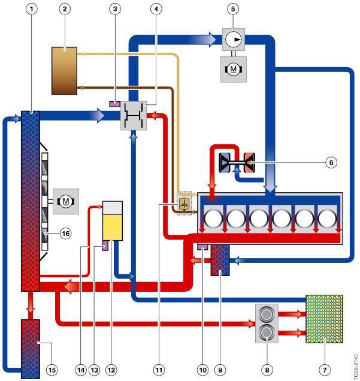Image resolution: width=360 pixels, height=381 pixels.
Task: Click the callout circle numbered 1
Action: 31,9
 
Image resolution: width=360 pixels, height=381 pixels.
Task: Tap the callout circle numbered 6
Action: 331,162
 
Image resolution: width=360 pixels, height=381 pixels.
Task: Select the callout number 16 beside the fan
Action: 65,234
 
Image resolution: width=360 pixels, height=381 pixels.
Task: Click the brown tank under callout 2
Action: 64,71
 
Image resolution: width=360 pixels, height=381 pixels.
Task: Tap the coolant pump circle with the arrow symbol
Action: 234,39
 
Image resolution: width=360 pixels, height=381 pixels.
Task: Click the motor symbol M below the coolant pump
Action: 234,69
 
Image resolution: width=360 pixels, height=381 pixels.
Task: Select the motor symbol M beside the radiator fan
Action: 65,201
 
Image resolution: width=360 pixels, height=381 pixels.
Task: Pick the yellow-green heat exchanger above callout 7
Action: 324,319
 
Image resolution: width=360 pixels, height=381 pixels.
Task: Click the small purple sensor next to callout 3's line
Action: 114,104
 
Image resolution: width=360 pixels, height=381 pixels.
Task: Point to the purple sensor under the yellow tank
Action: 105,246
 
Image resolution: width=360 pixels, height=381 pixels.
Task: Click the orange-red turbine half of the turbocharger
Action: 249,162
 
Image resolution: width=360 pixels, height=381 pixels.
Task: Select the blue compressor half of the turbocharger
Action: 225,162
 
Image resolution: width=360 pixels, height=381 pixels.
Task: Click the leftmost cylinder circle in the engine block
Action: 213,219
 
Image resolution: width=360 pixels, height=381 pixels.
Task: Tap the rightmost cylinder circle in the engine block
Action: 327,219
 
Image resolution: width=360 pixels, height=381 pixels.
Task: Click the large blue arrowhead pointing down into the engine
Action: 270,189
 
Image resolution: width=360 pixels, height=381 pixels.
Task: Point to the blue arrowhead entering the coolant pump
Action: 211,39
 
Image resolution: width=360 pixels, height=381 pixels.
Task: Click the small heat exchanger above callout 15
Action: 31,349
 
